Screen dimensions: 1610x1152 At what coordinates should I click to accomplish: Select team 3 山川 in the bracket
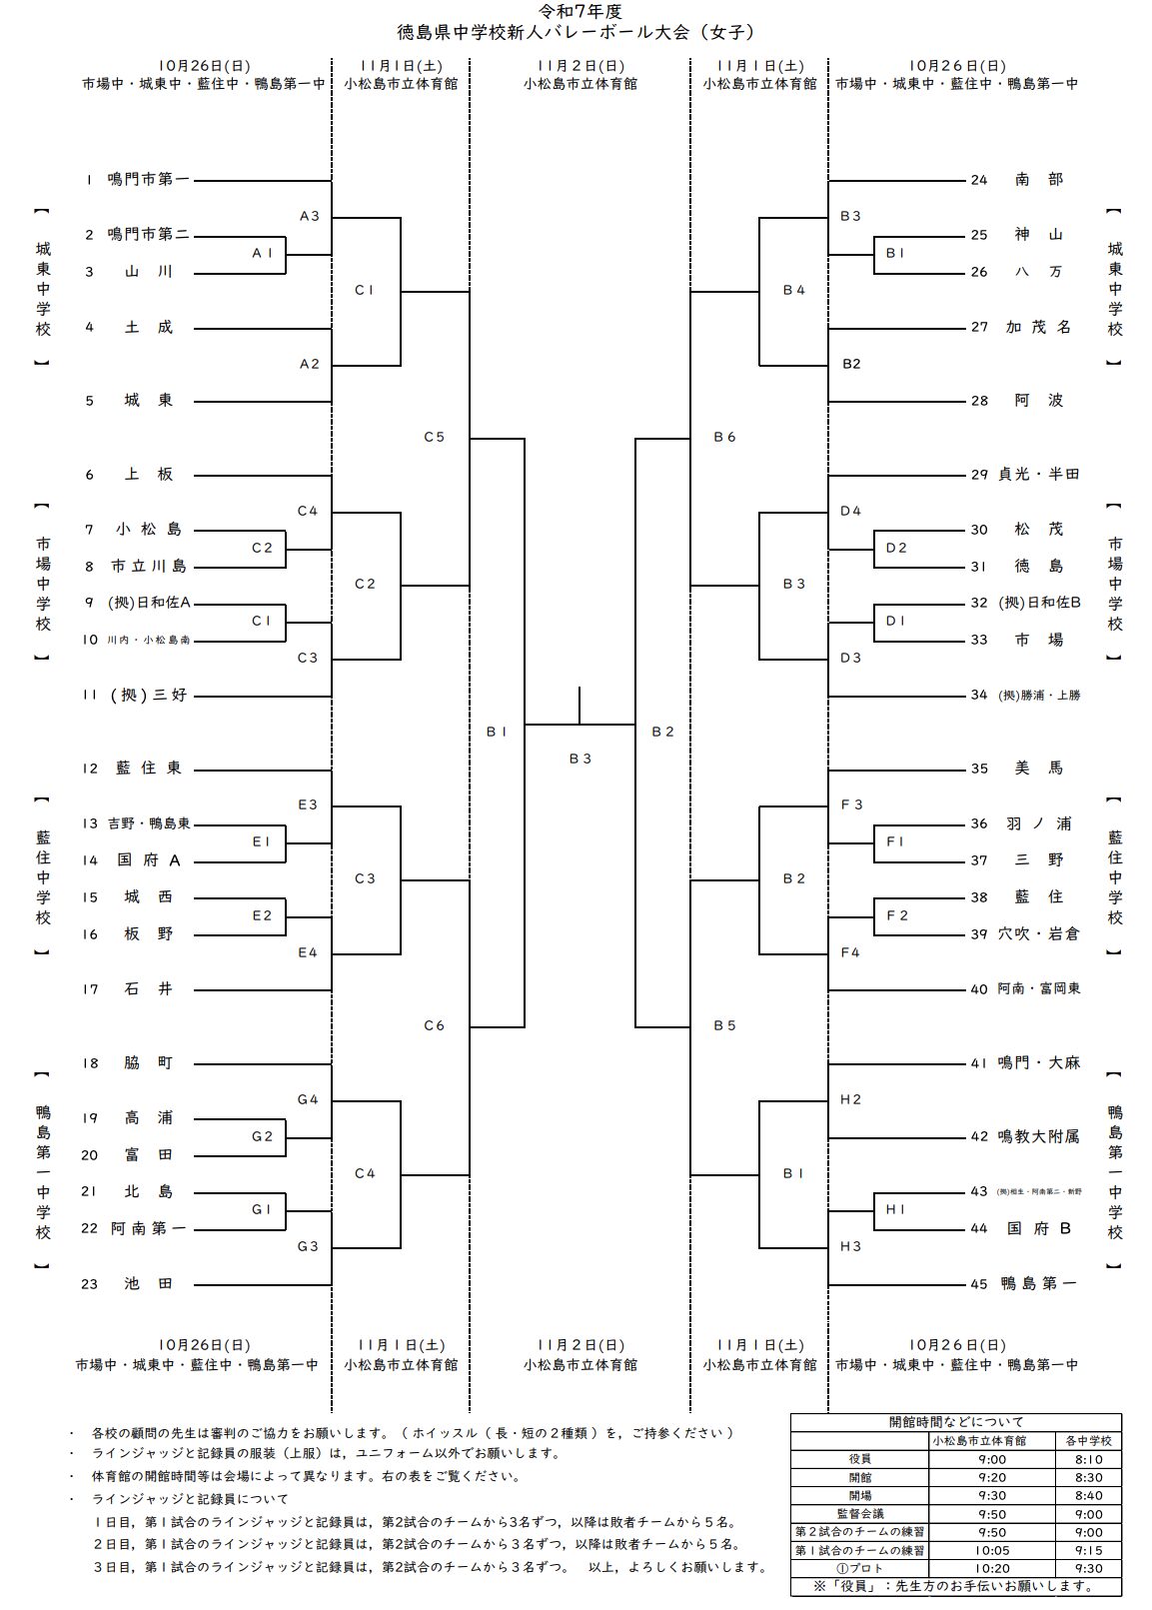(148, 272)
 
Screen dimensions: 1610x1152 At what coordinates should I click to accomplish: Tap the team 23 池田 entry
(148, 1284)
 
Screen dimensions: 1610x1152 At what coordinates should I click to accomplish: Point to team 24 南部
(1039, 180)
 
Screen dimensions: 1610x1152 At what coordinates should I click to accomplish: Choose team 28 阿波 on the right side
(1039, 401)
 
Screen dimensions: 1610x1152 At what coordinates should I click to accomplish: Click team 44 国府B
(1039, 1229)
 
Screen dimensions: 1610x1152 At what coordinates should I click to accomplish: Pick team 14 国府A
(148, 860)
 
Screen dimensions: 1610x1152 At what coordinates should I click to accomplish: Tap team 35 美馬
(1039, 769)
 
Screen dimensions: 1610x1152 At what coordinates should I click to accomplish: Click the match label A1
(262, 254)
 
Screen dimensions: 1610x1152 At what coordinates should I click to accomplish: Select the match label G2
(262, 1136)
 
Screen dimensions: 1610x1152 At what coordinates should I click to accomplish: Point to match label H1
(895, 1210)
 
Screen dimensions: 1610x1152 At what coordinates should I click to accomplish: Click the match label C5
(434, 437)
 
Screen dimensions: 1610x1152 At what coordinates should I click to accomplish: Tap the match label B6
(724, 437)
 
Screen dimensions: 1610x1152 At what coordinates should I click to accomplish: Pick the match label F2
(897, 915)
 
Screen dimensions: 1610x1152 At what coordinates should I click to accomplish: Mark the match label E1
(262, 842)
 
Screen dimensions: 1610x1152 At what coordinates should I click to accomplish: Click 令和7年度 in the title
(576, 12)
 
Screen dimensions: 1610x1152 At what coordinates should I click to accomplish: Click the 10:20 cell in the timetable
(992, 1569)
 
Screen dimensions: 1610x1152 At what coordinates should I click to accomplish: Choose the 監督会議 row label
(859, 1514)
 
